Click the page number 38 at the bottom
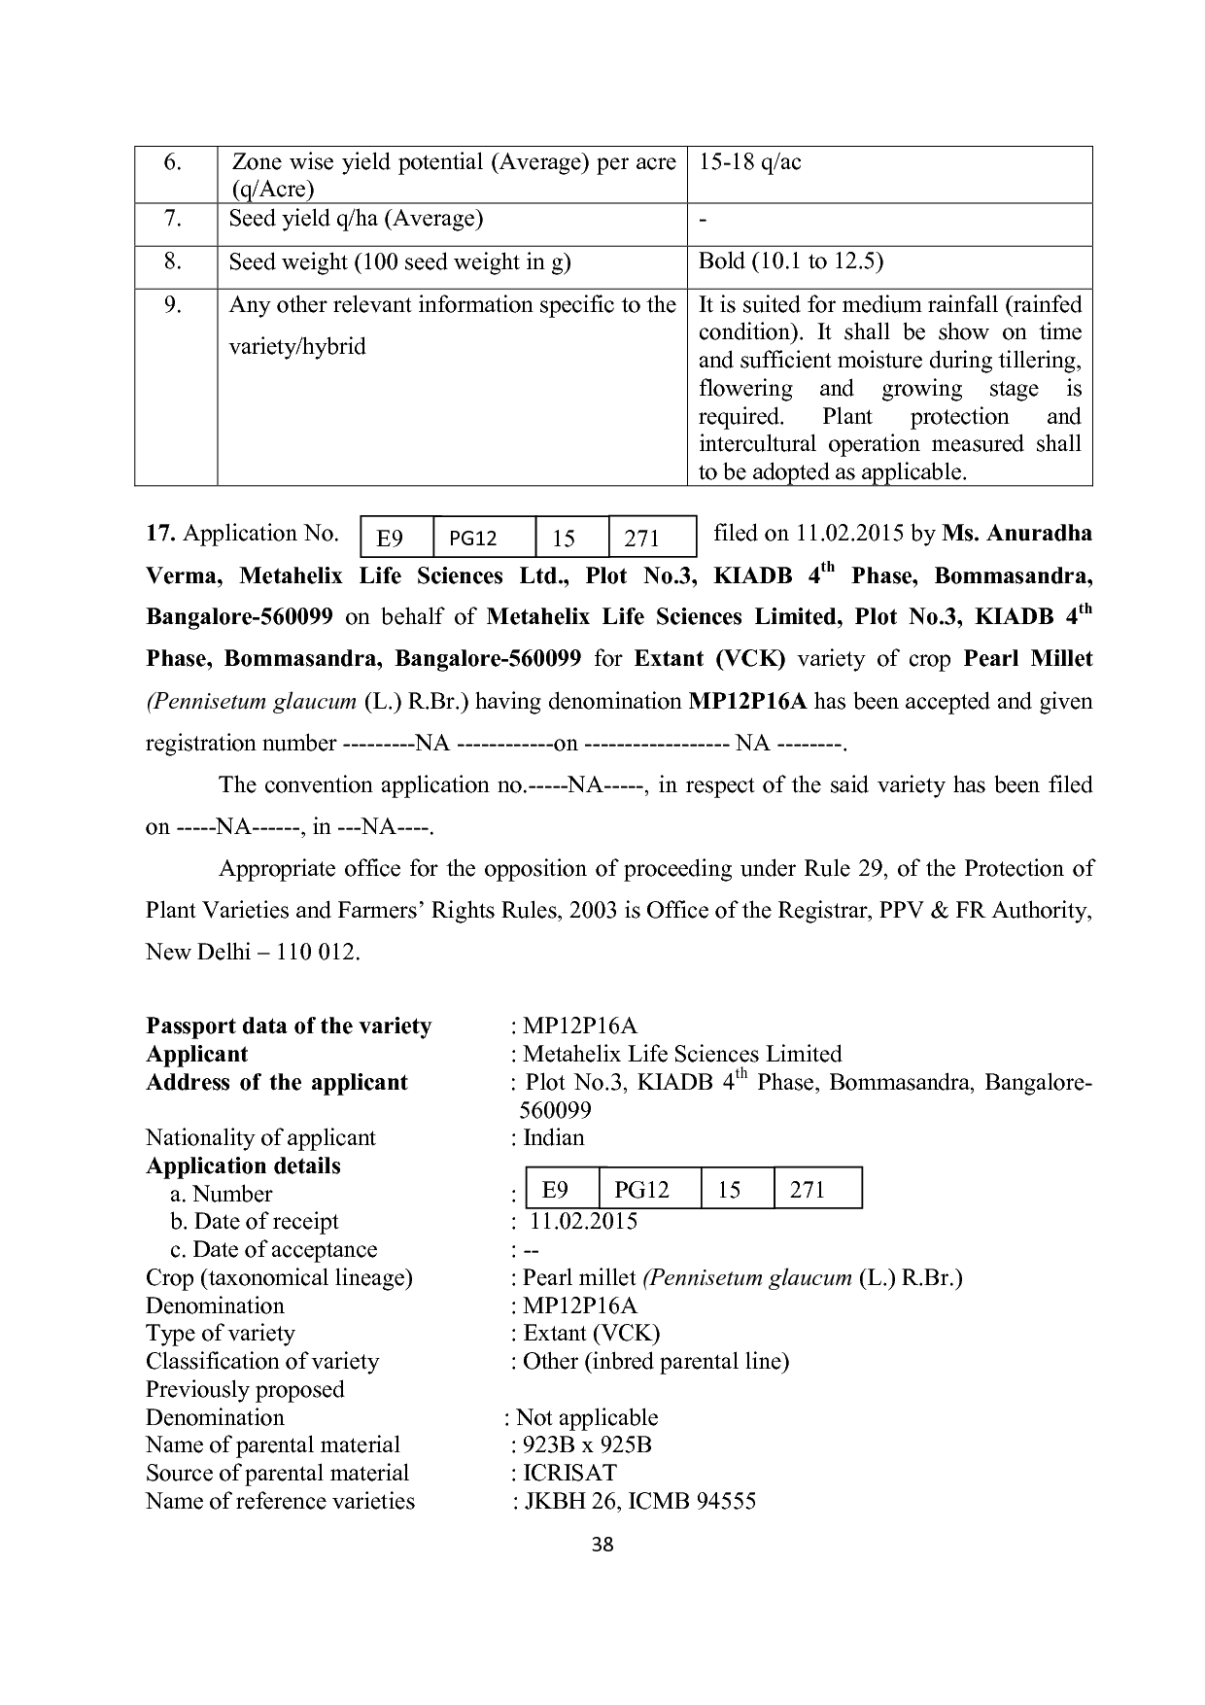tap(602, 1545)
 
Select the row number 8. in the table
tap(174, 262)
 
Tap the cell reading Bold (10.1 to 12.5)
tap(790, 262)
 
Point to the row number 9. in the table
tap(174, 305)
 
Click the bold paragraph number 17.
tap(160, 534)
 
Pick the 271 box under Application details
tap(808, 1190)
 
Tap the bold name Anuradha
tap(1039, 534)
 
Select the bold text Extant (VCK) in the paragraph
tap(709, 659)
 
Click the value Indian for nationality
tap(553, 1138)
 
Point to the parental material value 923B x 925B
tap(587, 1445)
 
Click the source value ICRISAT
tap(569, 1474)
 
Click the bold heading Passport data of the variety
tap(289, 1026)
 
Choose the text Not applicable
tap(587, 1418)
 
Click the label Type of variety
tap(221, 1334)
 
